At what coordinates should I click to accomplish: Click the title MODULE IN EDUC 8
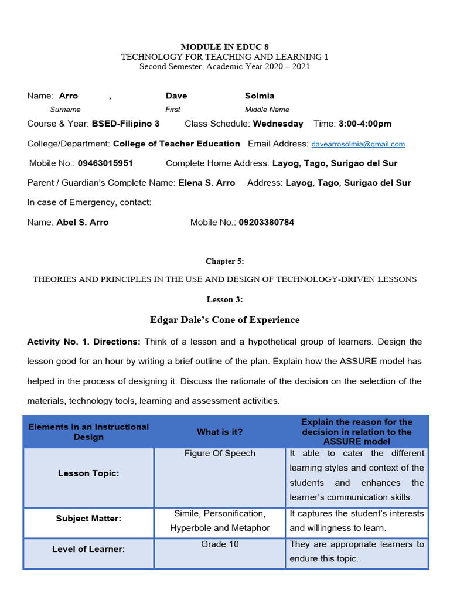[x=224, y=46]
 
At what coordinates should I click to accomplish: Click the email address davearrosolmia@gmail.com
[x=358, y=144]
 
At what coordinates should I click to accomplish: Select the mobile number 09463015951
[x=105, y=163]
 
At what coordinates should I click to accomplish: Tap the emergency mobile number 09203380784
[x=267, y=223]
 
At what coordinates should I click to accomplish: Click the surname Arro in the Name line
[x=69, y=96]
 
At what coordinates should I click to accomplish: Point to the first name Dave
[x=176, y=96]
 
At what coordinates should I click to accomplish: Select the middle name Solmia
[x=260, y=96]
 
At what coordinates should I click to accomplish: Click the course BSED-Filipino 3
[x=125, y=124]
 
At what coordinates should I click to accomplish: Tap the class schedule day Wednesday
[x=278, y=124]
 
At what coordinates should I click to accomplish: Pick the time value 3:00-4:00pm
[x=365, y=124]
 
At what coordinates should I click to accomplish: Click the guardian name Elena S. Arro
[x=207, y=183]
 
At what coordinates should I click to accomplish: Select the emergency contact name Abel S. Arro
[x=83, y=223]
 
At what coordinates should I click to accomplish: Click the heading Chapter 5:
[x=224, y=261]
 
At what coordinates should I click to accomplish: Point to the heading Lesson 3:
[x=224, y=299]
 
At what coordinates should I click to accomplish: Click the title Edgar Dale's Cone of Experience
[x=224, y=320]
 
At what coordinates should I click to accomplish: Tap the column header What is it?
[x=220, y=432]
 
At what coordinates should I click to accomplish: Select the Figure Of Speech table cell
[x=220, y=454]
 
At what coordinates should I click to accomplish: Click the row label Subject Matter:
[x=88, y=519]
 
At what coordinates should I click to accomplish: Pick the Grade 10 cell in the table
[x=220, y=544]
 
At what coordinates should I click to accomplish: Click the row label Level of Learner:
[x=88, y=549]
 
